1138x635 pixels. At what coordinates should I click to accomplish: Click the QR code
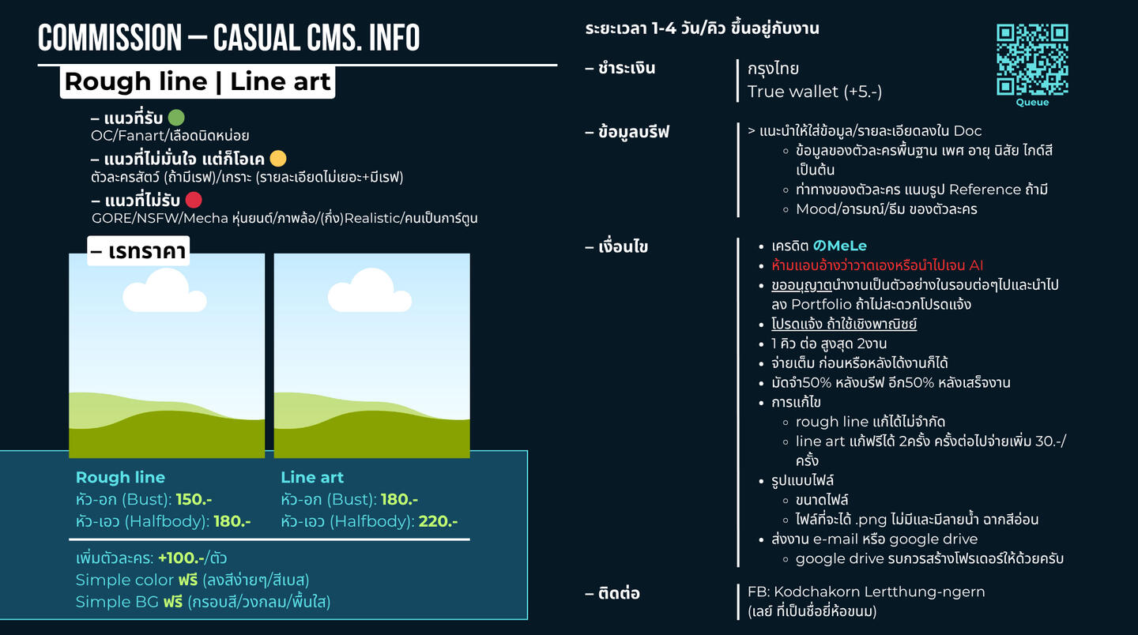tap(1032, 59)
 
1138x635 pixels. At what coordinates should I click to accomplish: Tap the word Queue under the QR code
tap(1032, 103)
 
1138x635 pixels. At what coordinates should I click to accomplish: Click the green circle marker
tap(176, 118)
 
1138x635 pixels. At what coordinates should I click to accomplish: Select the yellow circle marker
tap(278, 158)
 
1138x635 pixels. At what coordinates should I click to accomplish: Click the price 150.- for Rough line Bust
tap(194, 499)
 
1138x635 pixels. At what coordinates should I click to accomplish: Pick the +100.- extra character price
tap(179, 558)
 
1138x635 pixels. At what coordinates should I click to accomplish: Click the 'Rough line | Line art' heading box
tap(198, 82)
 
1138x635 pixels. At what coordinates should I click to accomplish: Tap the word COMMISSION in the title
tap(110, 38)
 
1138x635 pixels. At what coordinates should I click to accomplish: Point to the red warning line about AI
tap(877, 265)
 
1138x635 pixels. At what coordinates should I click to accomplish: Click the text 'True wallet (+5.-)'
tap(814, 92)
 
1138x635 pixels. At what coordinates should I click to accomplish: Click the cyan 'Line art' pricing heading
tap(312, 477)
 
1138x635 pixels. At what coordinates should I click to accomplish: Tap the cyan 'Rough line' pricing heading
tap(120, 477)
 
